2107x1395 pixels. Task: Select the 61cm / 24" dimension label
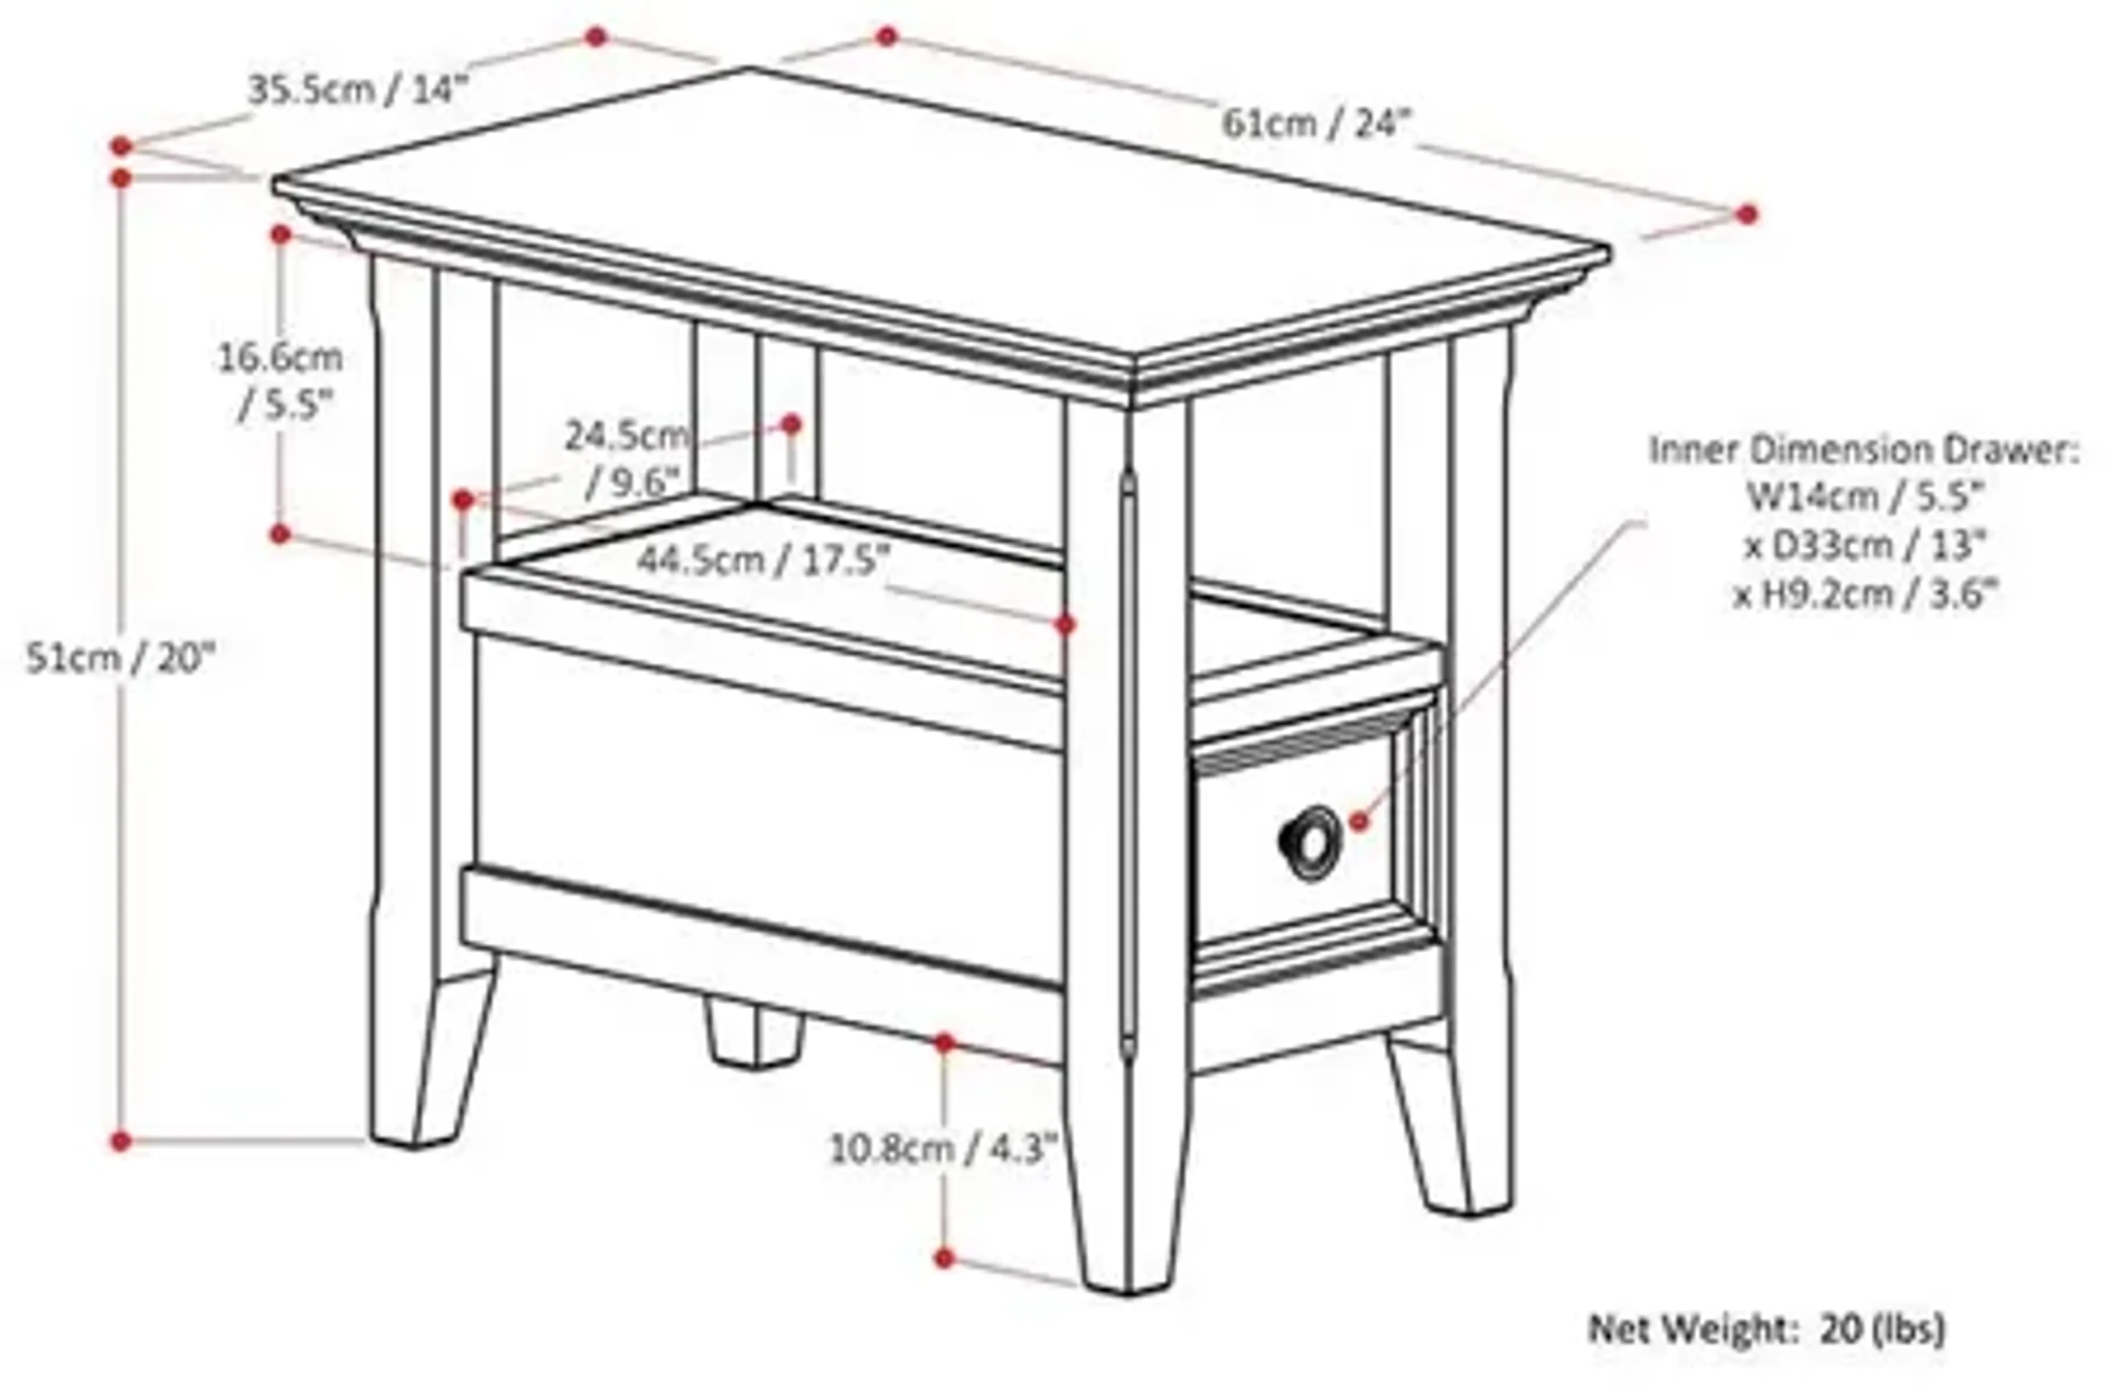click(x=1317, y=125)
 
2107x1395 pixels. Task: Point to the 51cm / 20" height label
click(x=122, y=658)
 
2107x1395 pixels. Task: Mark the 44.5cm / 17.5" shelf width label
click(x=763, y=561)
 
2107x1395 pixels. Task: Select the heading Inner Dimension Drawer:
click(x=1864, y=450)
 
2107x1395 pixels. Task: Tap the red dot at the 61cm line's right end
click(x=1747, y=213)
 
